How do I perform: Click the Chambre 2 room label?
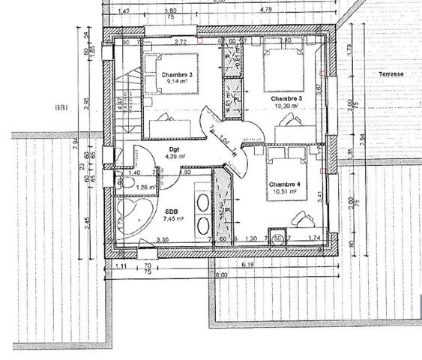click(x=177, y=75)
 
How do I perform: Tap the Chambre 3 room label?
click(x=286, y=99)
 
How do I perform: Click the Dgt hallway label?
click(x=173, y=149)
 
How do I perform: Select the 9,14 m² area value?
click(x=177, y=82)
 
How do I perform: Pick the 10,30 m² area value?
click(x=286, y=106)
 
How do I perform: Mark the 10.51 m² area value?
click(x=286, y=191)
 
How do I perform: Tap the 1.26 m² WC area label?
click(x=146, y=187)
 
